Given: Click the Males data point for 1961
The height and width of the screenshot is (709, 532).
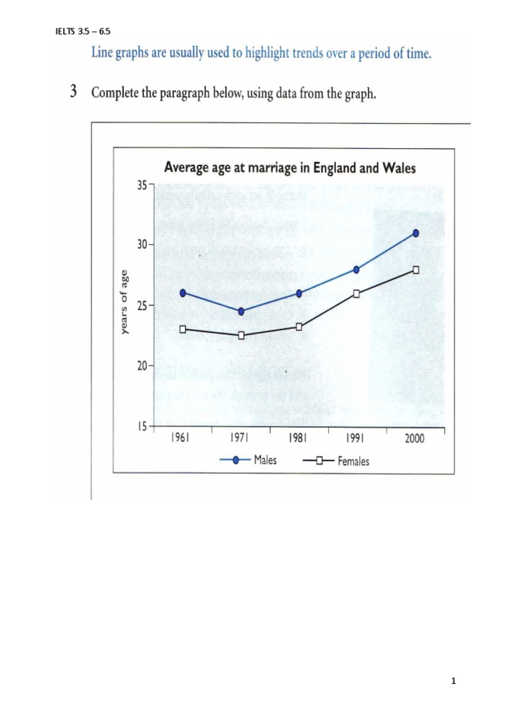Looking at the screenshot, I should [183, 293].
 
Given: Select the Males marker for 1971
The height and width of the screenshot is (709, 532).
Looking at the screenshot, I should [241, 312].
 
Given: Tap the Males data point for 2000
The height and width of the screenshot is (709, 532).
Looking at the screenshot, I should [416, 233].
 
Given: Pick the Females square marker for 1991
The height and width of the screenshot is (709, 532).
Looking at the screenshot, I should [357, 294].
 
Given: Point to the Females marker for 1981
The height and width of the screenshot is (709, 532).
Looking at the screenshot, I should [299, 327].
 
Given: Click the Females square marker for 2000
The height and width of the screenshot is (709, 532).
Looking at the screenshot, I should [416, 270].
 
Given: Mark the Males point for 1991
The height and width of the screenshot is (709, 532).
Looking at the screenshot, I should [357, 269].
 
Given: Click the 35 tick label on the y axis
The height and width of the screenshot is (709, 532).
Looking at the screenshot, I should [143, 186].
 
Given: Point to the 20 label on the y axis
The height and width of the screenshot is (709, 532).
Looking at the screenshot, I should [143, 366].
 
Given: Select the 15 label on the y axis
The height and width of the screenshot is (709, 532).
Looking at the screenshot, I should [143, 426].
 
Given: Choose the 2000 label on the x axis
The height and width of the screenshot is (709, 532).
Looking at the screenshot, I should [414, 439].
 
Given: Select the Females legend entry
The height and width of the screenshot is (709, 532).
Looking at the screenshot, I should [336, 461].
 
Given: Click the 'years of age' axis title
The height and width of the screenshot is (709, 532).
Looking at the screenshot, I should [125, 301].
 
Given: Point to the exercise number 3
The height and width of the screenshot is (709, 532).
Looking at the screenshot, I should [73, 93].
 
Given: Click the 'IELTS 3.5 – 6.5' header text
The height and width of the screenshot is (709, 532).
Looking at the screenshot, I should [82, 31].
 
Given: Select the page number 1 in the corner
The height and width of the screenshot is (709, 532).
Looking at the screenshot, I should [453, 681].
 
